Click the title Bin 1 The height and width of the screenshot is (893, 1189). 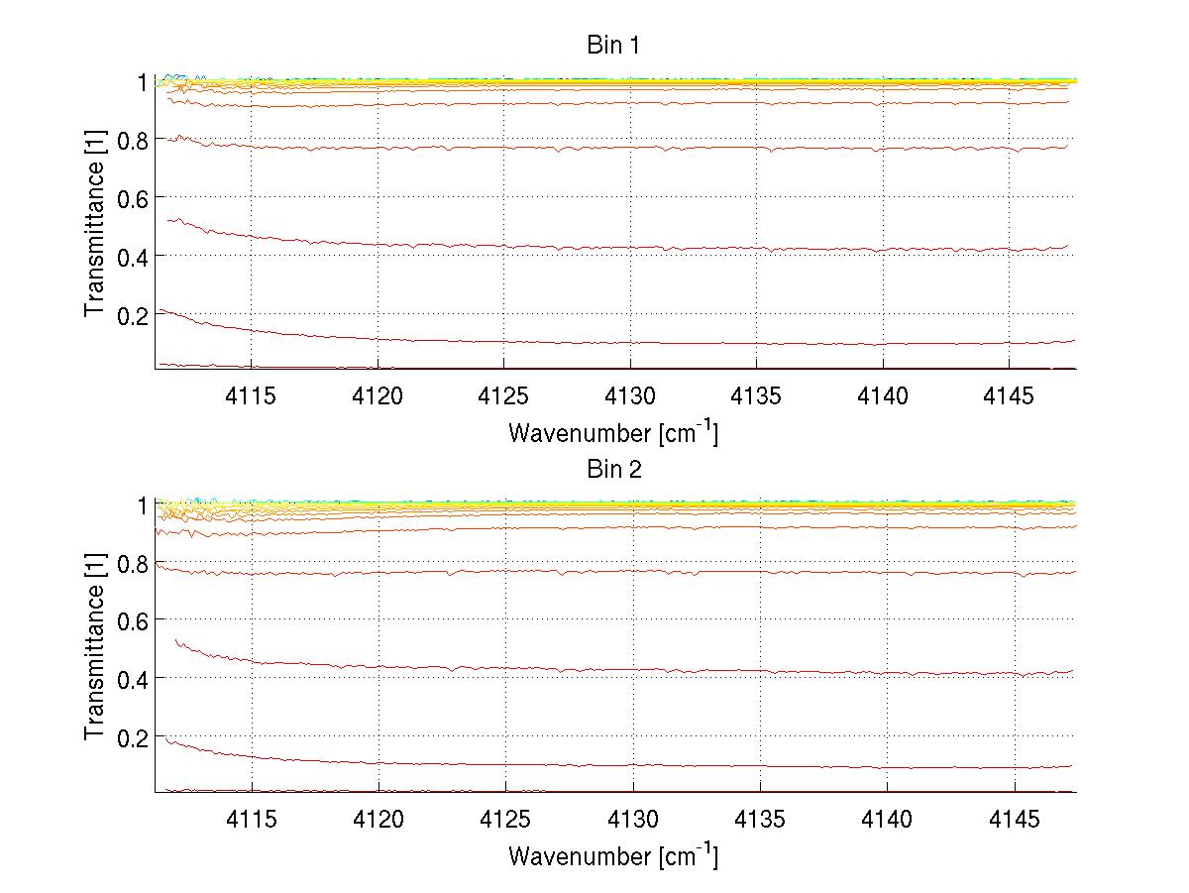click(614, 46)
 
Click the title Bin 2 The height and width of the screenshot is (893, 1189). click(614, 469)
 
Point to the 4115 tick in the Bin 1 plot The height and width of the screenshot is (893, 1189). click(252, 395)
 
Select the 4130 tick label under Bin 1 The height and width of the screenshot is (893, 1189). click(631, 395)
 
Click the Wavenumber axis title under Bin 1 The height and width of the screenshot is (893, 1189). click(612, 432)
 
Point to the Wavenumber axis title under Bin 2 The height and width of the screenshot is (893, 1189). click(612, 855)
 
